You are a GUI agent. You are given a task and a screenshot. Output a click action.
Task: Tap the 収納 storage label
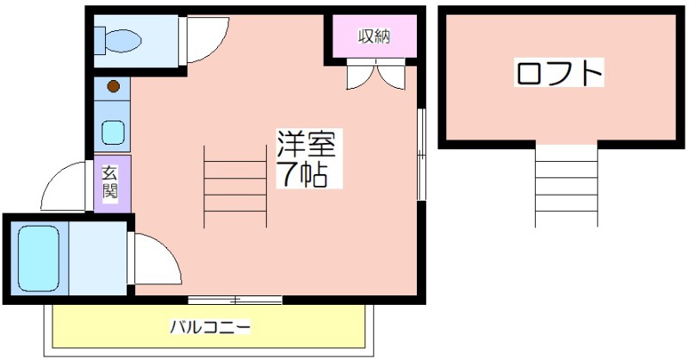(x=374, y=36)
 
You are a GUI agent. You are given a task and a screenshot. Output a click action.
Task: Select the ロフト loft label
(x=559, y=72)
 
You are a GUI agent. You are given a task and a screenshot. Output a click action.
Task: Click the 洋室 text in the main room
(x=306, y=143)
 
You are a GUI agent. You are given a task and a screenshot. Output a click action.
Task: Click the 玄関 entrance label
(x=110, y=183)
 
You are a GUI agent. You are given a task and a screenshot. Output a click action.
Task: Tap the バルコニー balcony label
(x=210, y=327)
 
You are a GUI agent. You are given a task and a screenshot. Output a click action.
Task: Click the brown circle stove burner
(x=114, y=86)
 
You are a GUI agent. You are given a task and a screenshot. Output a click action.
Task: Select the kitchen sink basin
(x=114, y=133)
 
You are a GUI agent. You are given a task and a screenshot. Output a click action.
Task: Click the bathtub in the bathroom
(x=39, y=258)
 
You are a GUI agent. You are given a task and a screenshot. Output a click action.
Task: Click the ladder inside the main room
(x=235, y=186)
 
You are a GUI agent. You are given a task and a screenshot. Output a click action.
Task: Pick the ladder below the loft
(x=567, y=186)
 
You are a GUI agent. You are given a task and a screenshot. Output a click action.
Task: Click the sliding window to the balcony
(x=235, y=301)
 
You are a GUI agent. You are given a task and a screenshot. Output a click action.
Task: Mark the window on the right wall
(x=421, y=154)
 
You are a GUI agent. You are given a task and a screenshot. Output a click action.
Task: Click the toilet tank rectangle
(x=100, y=40)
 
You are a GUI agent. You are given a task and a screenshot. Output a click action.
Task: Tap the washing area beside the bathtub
(x=97, y=258)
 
